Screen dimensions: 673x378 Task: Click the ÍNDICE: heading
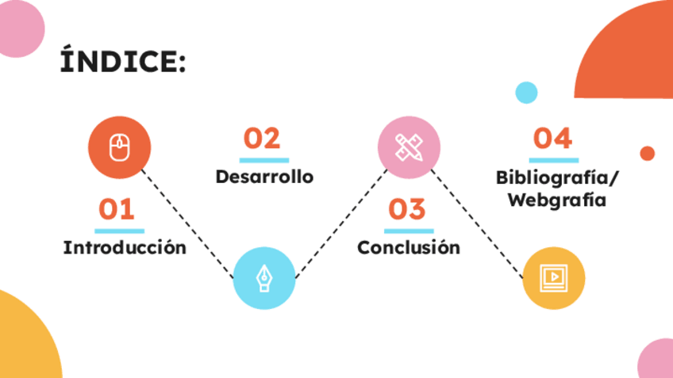[124, 61]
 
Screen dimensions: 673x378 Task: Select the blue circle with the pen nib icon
[263, 277]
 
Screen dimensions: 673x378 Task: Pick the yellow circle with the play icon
[553, 277]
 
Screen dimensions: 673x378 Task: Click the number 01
[117, 209]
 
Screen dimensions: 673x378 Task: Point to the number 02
[262, 139]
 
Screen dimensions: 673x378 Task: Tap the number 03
[407, 209]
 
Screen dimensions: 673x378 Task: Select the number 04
[552, 139]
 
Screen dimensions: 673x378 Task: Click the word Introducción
[125, 247]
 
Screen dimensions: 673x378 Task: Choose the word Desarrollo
[264, 176]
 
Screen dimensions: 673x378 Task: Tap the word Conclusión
[409, 247]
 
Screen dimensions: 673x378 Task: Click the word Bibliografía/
[556, 176]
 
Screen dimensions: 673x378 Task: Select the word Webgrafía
[556, 200]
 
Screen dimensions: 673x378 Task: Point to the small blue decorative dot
[526, 93]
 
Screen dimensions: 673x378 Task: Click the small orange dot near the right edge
[647, 153]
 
